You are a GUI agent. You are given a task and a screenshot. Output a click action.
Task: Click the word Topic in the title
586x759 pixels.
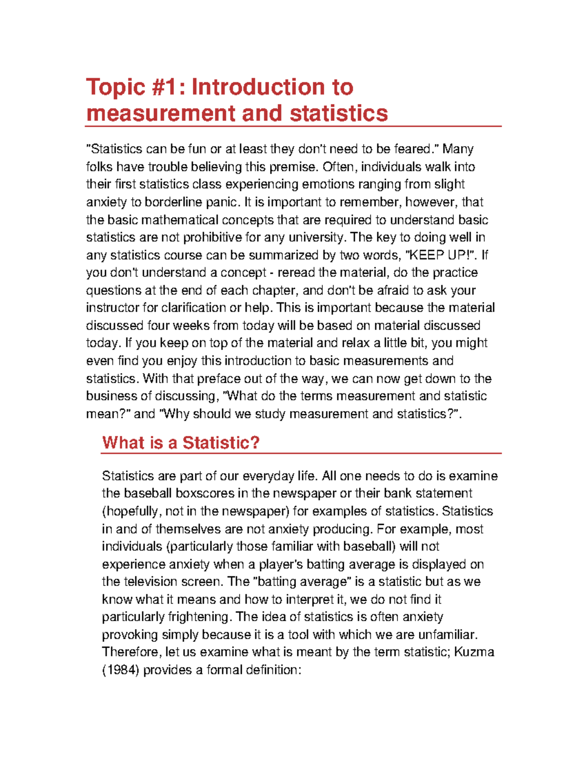tap(115, 88)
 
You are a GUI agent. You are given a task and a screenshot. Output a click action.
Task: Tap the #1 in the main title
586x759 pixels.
tap(168, 88)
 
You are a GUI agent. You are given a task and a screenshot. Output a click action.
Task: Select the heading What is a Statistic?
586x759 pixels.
tap(181, 443)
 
